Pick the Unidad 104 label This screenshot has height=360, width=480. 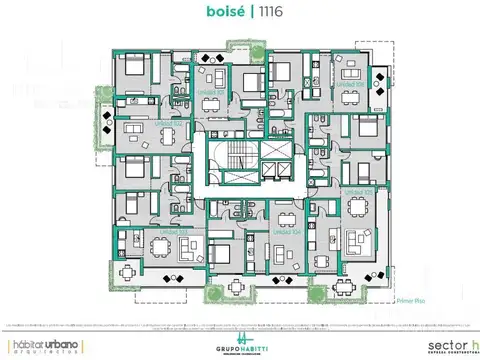tap(290, 230)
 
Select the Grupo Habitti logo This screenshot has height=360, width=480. tap(241, 343)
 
